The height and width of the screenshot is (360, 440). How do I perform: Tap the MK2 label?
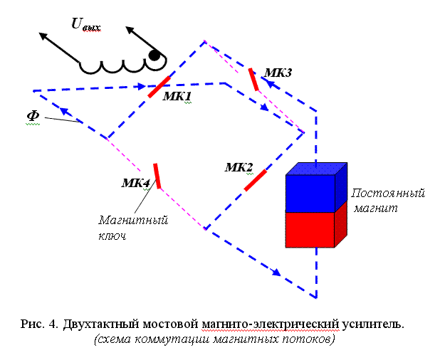[x=239, y=168]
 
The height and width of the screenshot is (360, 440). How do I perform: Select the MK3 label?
[x=278, y=73]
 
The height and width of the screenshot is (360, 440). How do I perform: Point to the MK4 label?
[x=135, y=183]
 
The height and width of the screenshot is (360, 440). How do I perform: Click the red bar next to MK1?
[x=159, y=86]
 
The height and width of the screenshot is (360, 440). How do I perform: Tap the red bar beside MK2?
[x=255, y=181]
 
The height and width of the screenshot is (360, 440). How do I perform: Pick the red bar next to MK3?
[x=253, y=80]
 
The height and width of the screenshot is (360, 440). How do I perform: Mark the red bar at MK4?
[x=157, y=176]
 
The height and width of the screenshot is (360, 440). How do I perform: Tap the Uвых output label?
[x=85, y=26]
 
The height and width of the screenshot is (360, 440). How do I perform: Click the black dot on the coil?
[x=154, y=55]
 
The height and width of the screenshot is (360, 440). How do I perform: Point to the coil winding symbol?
[x=114, y=65]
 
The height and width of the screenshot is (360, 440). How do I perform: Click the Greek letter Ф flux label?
[x=32, y=116]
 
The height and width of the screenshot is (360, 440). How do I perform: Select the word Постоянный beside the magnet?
[x=388, y=194]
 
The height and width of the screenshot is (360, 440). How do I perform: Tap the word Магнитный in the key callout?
[x=133, y=221]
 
